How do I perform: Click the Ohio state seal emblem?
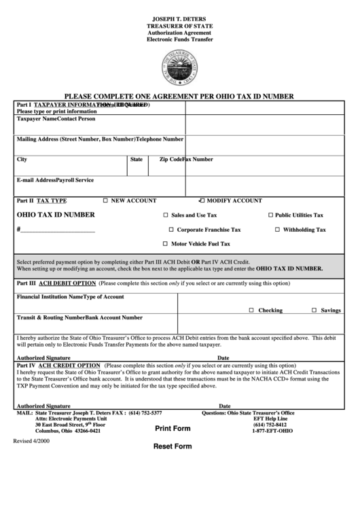[180, 68]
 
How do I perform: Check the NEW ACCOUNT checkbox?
[105, 201]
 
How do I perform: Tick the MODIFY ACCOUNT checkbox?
[202, 201]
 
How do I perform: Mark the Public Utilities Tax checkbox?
[270, 215]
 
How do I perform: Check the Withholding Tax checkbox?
[277, 230]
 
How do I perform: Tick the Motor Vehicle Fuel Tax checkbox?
[165, 244]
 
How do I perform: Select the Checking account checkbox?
[251, 310]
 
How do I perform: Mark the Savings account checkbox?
[314, 310]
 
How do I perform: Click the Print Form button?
[173, 429]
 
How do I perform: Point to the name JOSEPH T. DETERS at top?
[180, 18]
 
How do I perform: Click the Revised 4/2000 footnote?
[31, 441]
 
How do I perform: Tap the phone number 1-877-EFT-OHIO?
[272, 431]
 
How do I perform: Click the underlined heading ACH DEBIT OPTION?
[67, 283]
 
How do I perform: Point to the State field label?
[136, 160]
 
